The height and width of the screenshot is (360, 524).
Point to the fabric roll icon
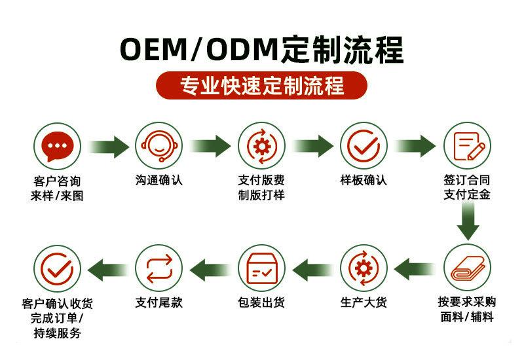(x=467, y=268)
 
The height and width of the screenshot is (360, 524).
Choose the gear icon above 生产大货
(x=364, y=268)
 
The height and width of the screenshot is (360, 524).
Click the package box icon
(x=261, y=268)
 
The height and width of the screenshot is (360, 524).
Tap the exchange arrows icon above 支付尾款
(x=159, y=268)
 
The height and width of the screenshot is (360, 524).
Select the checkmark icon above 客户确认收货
(x=57, y=268)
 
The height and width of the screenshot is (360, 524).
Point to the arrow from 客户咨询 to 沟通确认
(x=108, y=145)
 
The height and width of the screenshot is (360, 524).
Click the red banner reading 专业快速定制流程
(x=261, y=85)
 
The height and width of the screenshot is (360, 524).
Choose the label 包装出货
(x=261, y=302)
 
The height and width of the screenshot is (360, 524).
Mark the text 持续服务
(x=57, y=333)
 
